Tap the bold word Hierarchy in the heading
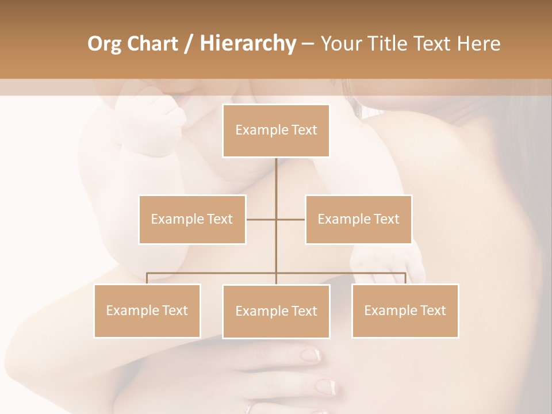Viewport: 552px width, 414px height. [x=247, y=44]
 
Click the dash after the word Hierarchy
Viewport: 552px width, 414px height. [x=308, y=44]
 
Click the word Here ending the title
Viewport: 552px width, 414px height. [x=478, y=44]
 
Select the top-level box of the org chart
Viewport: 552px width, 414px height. [x=276, y=131]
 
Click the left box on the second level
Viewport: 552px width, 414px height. [x=192, y=219]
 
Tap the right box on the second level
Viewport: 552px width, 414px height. [x=358, y=219]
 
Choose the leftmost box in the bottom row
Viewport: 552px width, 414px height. [x=147, y=310]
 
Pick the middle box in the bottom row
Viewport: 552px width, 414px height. [x=276, y=311]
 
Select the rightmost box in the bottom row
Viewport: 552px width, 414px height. [x=405, y=310]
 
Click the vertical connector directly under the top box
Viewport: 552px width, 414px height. [x=276, y=178]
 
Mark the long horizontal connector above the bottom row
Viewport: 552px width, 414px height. [x=213, y=273]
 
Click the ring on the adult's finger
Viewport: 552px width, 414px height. [x=248, y=408]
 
